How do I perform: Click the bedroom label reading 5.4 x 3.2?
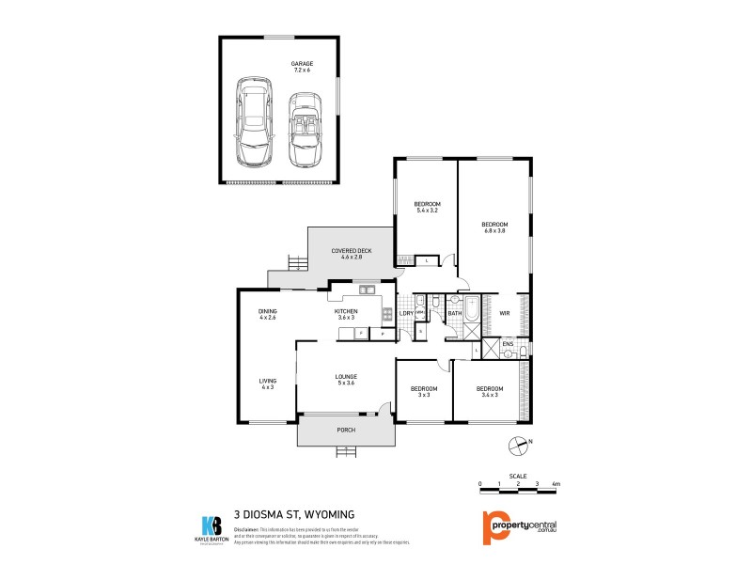[428, 208]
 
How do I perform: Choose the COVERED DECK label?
[352, 254]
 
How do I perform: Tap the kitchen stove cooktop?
[386, 315]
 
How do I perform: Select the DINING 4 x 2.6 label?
[268, 315]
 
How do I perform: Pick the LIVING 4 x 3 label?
[268, 384]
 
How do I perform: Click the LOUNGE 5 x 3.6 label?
[345, 380]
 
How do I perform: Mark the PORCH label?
[345, 431]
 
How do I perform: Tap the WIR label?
[505, 313]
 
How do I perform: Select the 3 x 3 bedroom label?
[424, 392]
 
